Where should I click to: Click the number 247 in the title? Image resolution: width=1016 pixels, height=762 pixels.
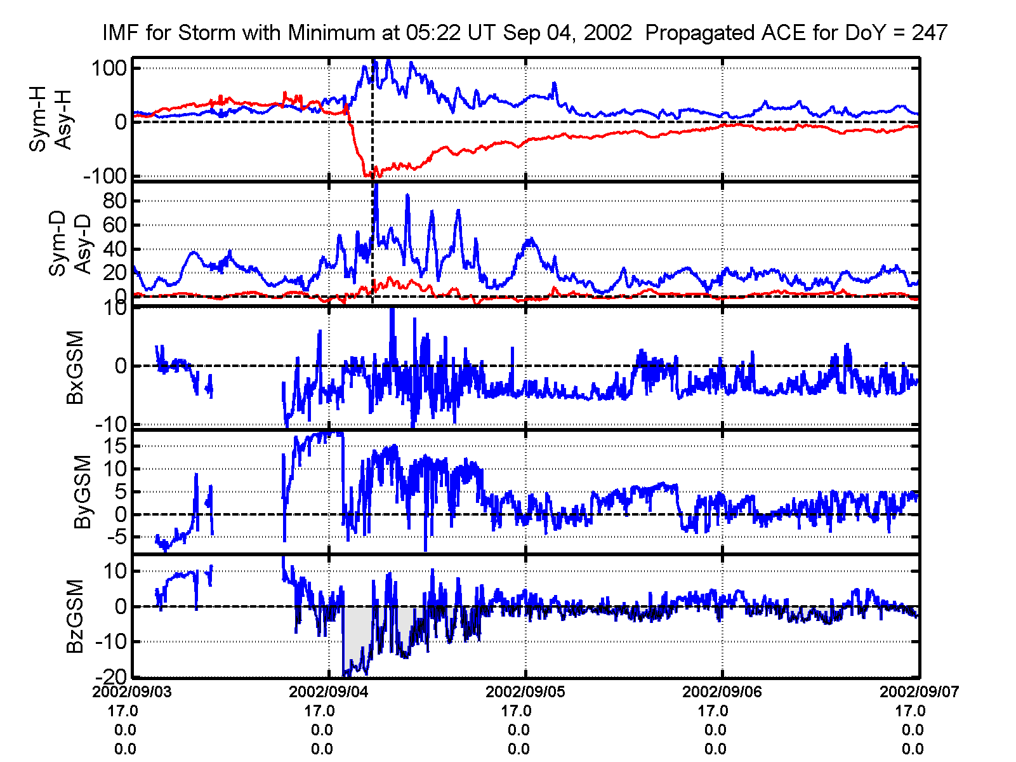929,32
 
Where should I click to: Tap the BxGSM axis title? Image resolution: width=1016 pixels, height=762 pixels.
76,367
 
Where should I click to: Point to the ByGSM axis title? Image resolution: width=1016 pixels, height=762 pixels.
82,491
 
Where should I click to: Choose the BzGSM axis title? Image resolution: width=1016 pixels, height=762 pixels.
76,616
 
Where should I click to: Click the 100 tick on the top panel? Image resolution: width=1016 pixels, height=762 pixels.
110,68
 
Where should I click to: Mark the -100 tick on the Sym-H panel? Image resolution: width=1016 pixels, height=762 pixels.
105,177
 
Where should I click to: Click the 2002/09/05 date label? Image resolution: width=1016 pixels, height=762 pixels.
525,692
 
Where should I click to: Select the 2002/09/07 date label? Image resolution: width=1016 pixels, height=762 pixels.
919,692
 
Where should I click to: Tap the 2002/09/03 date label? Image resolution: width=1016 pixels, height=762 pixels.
132,692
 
